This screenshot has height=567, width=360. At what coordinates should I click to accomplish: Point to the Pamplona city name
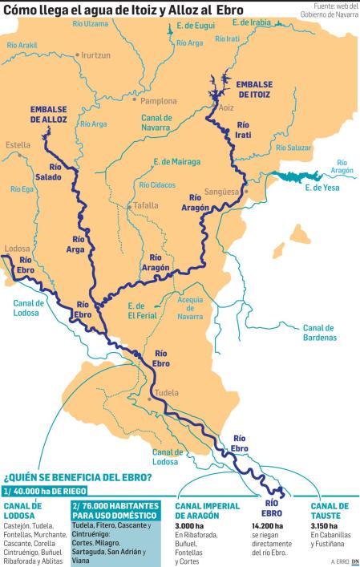tap(158, 102)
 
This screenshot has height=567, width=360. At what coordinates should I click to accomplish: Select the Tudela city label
tap(166, 393)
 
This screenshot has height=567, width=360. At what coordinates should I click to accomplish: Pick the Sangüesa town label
tap(224, 192)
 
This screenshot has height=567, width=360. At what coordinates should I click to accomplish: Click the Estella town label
tap(18, 145)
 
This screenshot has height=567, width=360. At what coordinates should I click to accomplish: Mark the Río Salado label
tap(50, 172)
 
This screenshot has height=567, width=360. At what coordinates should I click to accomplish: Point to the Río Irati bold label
tap(245, 130)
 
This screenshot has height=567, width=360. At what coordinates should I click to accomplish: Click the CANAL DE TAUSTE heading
tap(330, 510)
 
